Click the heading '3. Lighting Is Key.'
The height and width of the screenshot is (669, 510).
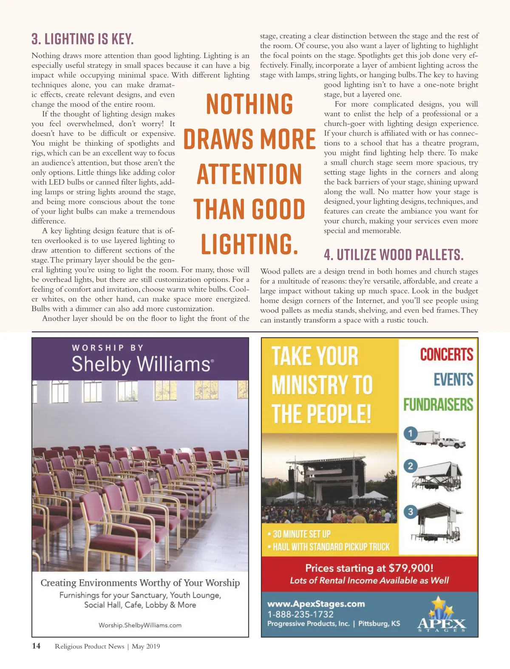coord(82,40)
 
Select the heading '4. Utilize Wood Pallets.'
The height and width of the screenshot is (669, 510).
coord(393,255)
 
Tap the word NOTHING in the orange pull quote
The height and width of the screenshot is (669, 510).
coord(249,104)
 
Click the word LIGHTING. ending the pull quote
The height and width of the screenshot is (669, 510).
coord(249,244)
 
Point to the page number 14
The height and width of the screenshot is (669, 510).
coord(36,646)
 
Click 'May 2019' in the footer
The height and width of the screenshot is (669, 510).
coord(146,646)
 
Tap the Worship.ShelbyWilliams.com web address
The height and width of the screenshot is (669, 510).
coord(140,625)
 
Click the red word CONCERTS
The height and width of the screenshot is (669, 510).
coord(446,355)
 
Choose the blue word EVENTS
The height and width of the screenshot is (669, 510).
coord(453,379)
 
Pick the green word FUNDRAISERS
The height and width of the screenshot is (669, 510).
coord(438,404)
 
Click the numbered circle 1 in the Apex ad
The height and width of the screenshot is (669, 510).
coord(411,434)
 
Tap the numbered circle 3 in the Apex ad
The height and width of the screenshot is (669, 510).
coord(411,512)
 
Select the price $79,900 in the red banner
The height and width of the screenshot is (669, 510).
coord(411,568)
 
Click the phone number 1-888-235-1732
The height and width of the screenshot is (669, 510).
coord(300,614)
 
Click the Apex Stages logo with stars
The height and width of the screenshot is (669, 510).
coord(442,616)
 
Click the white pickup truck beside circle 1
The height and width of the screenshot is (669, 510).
coord(452,442)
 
